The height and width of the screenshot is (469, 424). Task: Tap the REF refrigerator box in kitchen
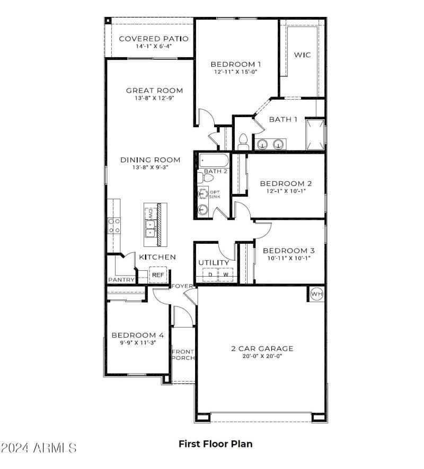point(158,275)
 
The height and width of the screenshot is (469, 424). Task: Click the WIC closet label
point(303,55)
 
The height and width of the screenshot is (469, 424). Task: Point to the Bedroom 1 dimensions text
point(235,72)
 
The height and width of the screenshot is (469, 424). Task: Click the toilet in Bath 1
point(243,141)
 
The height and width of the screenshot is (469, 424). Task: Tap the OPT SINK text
point(214,194)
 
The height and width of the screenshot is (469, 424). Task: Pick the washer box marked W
point(226,275)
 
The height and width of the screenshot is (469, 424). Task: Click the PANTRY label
point(121,279)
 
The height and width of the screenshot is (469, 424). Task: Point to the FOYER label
point(182,286)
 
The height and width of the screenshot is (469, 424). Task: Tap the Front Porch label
point(183,355)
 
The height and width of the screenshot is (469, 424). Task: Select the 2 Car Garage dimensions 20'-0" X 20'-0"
point(262,356)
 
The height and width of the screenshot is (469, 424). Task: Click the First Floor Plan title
point(215,444)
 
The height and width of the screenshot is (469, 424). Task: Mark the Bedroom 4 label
point(137,335)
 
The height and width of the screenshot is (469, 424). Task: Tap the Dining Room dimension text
point(150,167)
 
